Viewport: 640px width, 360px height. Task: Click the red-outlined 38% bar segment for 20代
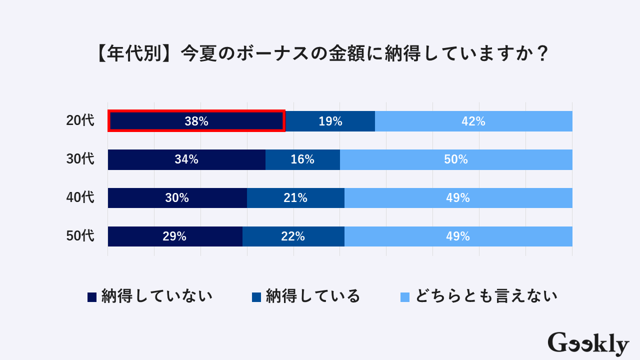(196, 121)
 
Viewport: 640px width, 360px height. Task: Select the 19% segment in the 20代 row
(330, 121)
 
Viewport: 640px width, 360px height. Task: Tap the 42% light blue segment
(473, 121)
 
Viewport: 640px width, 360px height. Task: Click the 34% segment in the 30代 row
(186, 159)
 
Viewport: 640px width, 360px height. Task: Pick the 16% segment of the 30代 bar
(302, 159)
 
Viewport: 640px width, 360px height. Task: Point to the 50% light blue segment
(456, 159)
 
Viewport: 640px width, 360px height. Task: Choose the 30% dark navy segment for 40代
(177, 198)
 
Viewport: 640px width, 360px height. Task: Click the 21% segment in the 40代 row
(295, 198)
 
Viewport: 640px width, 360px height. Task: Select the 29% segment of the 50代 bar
(174, 236)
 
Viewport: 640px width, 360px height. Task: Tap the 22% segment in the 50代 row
(293, 236)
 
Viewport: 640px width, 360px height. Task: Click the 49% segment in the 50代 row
(458, 236)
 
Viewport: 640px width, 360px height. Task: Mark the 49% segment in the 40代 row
(458, 198)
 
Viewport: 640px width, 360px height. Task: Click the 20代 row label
(80, 121)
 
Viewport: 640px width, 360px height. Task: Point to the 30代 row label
(80, 159)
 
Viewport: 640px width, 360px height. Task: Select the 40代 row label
(80, 198)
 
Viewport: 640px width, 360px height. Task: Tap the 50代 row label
(80, 236)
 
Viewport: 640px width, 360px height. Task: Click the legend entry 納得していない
(150, 296)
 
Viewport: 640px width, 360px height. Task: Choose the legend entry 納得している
(306, 296)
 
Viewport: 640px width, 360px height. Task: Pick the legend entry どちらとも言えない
(479, 296)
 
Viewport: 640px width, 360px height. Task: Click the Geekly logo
(588, 344)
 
